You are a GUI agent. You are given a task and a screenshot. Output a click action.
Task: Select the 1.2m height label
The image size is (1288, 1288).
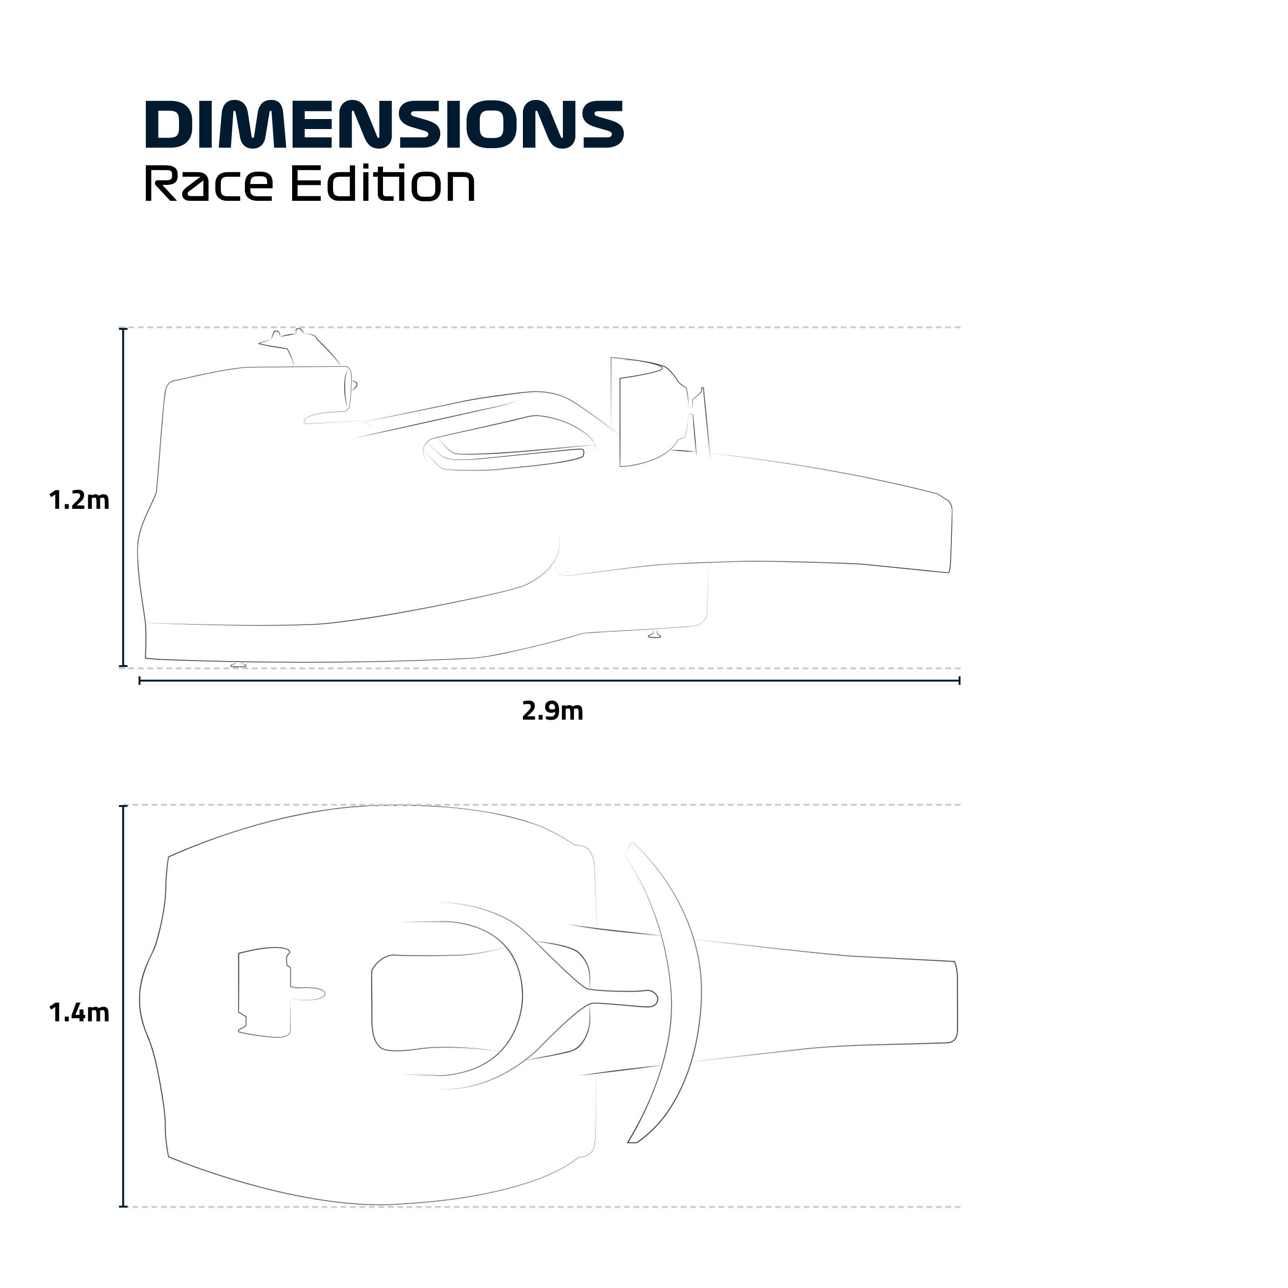[79, 500]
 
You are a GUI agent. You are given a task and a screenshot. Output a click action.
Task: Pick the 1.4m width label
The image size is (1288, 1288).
[79, 1013]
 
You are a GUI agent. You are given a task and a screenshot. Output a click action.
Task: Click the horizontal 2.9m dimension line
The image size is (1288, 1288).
[549, 681]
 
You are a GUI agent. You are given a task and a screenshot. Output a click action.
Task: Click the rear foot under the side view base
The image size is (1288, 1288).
[238, 665]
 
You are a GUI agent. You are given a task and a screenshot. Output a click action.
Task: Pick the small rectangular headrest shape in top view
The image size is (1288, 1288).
[264, 993]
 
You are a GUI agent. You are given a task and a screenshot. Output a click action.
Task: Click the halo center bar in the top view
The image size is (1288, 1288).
[620, 997]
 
